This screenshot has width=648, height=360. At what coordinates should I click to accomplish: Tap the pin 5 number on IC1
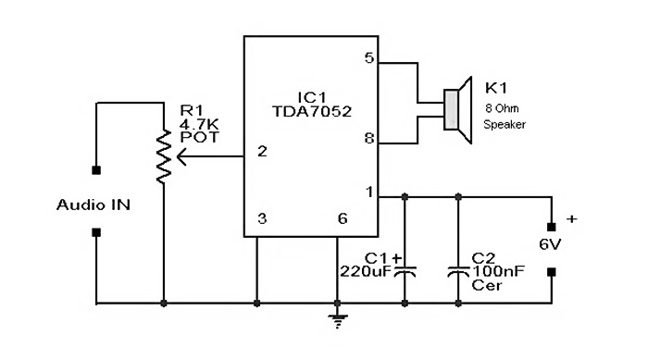369,57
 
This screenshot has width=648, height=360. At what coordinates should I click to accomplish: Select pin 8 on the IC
369,141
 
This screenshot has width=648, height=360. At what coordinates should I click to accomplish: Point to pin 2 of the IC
262,151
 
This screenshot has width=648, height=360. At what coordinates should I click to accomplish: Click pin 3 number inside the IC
262,219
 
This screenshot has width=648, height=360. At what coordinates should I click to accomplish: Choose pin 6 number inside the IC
343,219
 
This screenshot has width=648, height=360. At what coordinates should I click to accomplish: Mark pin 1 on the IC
369,192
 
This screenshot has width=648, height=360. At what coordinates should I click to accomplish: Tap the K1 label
496,88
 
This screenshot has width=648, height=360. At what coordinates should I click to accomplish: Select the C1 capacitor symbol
405,272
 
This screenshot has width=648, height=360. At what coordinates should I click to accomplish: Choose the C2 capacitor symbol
458,272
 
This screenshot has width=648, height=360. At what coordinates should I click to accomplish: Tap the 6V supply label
552,245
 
